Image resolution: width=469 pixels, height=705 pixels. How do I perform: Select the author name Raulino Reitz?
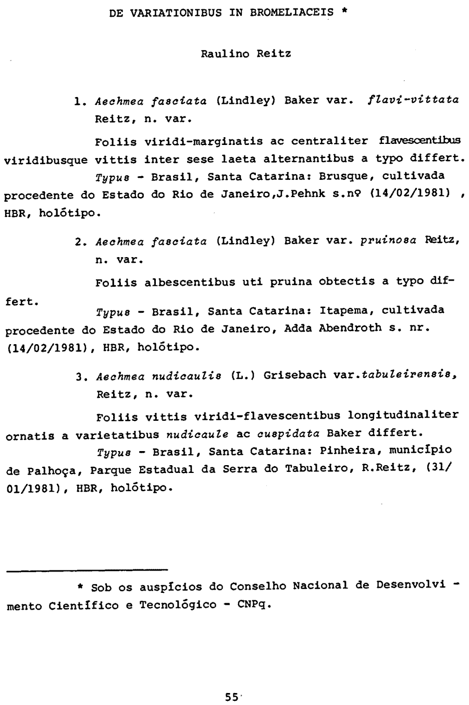pos(239,53)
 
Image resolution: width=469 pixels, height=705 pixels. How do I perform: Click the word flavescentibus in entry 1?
pos(420,141)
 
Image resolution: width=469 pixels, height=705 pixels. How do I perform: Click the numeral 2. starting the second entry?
pos(80,242)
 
